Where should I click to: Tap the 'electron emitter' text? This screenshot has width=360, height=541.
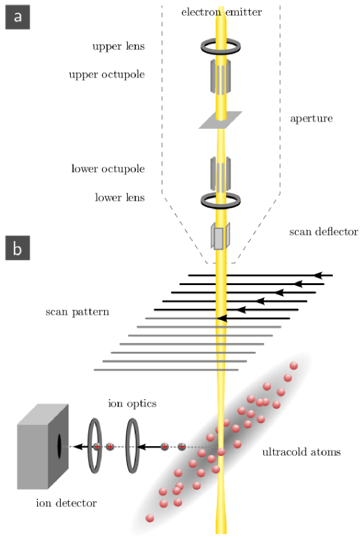click(x=221, y=12)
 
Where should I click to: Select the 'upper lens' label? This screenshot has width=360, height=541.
click(x=119, y=46)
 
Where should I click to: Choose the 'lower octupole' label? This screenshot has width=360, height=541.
click(x=108, y=169)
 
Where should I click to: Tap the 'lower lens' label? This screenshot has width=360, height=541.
click(x=120, y=198)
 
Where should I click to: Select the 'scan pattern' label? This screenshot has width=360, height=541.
click(x=77, y=311)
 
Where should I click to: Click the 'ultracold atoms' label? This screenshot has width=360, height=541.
click(x=301, y=452)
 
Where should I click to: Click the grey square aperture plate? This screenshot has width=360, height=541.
click(x=220, y=120)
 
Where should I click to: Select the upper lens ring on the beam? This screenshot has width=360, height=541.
click(x=221, y=47)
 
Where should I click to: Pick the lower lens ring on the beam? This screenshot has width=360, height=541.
click(x=221, y=200)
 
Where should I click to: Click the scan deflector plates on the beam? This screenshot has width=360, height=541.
click(x=221, y=237)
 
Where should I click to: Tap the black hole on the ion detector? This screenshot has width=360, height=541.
click(x=59, y=444)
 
